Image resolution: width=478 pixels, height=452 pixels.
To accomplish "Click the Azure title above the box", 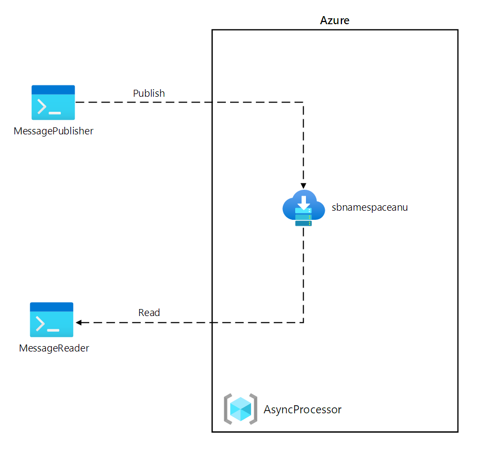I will pos(334,21).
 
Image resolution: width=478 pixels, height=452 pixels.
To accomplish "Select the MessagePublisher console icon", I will pos(53,102).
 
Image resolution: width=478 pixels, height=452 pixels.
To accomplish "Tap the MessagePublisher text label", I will pos(54,131).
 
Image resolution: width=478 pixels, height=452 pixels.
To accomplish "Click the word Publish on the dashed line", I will pos(149,94).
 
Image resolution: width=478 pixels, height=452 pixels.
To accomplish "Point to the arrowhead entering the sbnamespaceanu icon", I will pos(303,183).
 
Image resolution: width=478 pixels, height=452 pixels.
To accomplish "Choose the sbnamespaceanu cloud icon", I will pos(303,208).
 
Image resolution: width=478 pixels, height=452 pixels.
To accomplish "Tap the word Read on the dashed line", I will pos(149,312).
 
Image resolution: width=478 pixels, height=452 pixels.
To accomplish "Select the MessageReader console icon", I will pos(52,319).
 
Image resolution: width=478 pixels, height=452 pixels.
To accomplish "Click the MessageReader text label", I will pos(54,348).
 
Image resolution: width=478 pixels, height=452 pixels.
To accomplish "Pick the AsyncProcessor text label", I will pos(302,410).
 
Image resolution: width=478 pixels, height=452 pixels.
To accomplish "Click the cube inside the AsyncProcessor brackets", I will pos(240,410).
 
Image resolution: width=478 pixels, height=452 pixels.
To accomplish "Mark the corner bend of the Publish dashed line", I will pos(303,102).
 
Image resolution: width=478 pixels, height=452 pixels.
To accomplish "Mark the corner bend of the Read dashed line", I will pos(303,322).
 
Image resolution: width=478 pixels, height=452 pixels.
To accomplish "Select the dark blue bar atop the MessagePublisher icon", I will pos(53,90).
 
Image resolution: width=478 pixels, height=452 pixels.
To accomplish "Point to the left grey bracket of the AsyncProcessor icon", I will pos(227,410).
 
